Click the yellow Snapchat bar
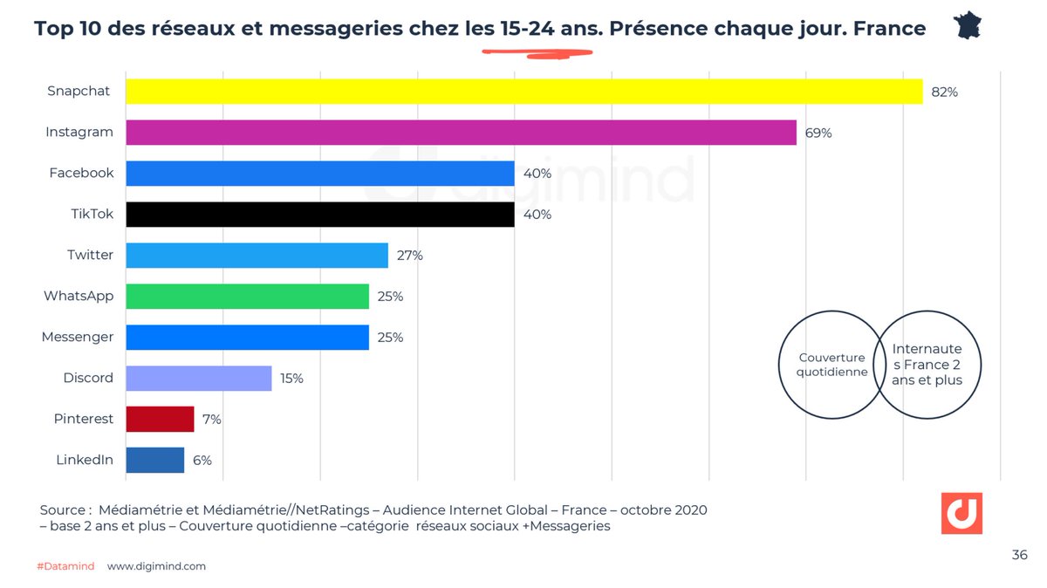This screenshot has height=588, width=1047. pos(523,92)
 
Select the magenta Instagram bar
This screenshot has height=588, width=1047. pos(461,133)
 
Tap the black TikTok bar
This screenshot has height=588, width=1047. pos(319,215)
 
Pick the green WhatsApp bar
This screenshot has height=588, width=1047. pos(247,297)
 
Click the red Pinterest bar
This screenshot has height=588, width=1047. pos(160,419)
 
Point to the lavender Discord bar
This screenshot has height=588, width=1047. pos(198,378)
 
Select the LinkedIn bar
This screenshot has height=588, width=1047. pos(154,460)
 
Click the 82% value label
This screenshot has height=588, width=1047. pos(944,92)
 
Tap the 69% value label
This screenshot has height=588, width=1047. pos(818,133)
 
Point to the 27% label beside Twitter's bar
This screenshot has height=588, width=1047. pos(410,256)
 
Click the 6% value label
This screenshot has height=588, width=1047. pos(202,460)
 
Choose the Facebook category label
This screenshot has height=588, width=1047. pos(81,173)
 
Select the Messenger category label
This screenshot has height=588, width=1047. pos(78,337)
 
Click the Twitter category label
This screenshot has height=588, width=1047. pos(90,255)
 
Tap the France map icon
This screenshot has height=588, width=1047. pos(967,25)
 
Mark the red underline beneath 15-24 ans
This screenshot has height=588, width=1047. pos(537,53)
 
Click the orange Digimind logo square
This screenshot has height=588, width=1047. pos(961,514)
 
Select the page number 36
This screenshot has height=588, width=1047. pos(1019,555)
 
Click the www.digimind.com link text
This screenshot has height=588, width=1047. pos(156,566)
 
